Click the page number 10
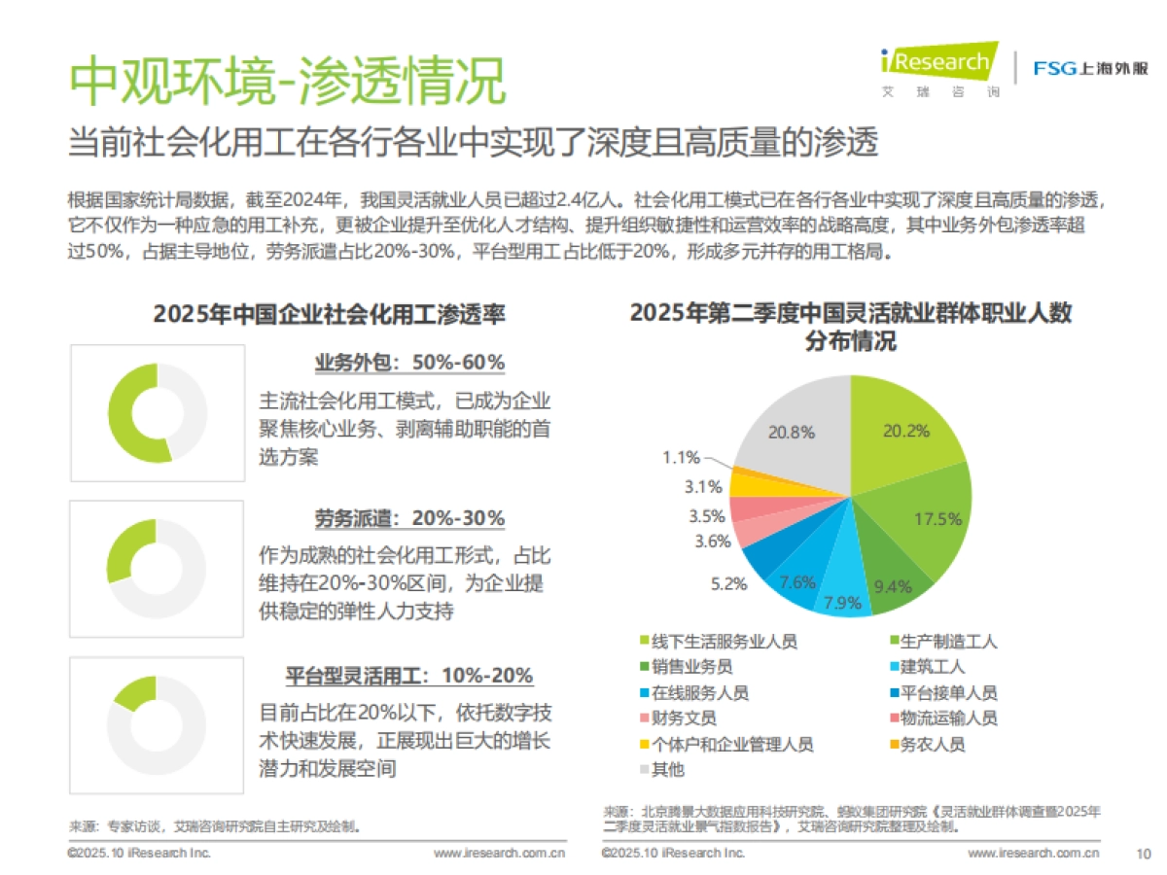pyautogui.click(x=1144, y=854)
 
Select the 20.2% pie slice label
pyautogui.click(x=904, y=431)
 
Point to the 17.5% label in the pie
pyautogui.click(x=937, y=518)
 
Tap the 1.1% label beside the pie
pyautogui.click(x=681, y=457)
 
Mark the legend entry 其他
pyautogui.click(x=667, y=770)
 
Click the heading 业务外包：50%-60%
pyautogui.click(x=409, y=363)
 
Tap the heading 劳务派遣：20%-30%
pyautogui.click(x=409, y=518)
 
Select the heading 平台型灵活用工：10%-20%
pyautogui.click(x=409, y=675)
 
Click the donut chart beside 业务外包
pyautogui.click(x=157, y=413)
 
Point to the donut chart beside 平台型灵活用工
pyautogui.click(x=157, y=726)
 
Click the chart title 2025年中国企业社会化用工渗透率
pyautogui.click(x=329, y=314)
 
